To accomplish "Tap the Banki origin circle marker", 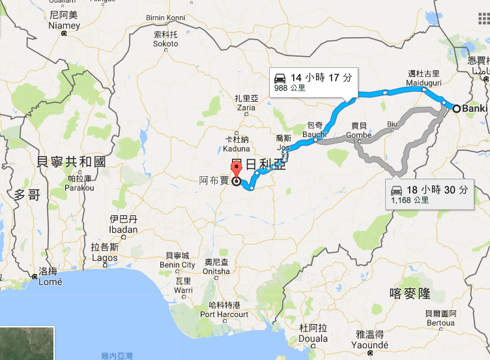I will coord(457,109).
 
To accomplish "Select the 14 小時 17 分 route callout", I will coord(313,81).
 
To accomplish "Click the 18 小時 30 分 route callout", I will coord(429,194).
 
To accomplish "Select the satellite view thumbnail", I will coord(26,344).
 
